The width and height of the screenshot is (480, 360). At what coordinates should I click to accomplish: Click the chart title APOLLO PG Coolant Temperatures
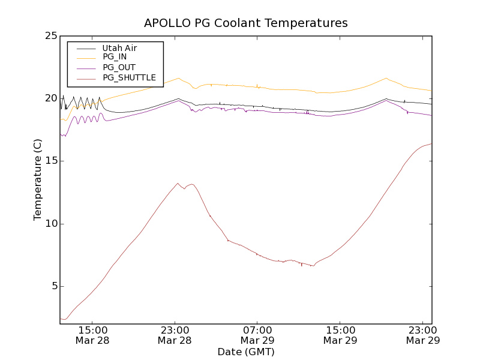[245, 23]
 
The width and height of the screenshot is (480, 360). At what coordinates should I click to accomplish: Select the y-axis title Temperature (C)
[38, 179]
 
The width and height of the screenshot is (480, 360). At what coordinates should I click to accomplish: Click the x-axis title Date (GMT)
[245, 352]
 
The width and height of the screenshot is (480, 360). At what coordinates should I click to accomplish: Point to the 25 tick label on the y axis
[51, 36]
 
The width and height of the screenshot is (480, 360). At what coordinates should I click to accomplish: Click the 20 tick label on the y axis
[51, 98]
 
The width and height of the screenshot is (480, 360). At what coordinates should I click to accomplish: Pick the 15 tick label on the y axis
[51, 161]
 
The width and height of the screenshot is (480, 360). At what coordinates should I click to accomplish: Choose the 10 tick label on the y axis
[51, 224]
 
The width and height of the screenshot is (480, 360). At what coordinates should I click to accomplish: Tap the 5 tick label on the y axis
[54, 286]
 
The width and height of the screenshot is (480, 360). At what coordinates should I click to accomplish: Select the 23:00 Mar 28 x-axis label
[175, 335]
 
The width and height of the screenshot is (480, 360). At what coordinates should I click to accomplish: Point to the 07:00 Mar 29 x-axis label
[257, 335]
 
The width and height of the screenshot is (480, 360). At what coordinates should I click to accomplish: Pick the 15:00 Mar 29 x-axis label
[340, 335]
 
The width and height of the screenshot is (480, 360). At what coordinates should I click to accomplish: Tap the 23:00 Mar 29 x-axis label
[423, 335]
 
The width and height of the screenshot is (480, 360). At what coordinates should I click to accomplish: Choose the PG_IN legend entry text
[115, 57]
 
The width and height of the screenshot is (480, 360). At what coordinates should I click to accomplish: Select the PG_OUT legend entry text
[119, 67]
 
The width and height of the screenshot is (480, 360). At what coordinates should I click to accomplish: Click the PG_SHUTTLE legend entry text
[129, 77]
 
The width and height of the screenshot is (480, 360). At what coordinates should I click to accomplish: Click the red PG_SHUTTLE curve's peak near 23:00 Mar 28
[178, 184]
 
